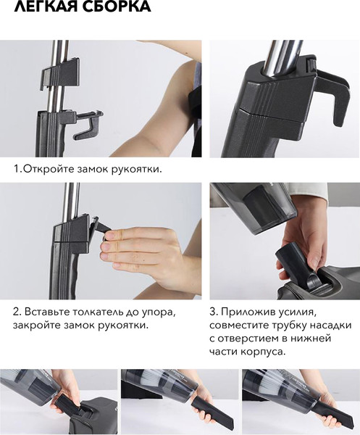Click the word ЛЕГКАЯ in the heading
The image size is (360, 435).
click(46, 6)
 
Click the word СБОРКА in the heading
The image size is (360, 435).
click(117, 6)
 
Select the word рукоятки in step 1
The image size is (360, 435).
click(137, 170)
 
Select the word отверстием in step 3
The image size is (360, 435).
click(248, 339)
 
